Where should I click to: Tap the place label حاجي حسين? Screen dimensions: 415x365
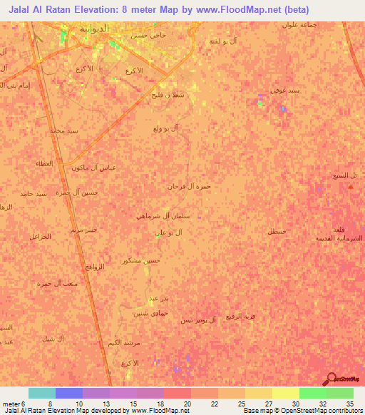(x=148, y=34)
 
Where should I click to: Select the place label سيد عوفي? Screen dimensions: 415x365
(x=277, y=91)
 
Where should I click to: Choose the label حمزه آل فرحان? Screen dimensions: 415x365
(x=189, y=186)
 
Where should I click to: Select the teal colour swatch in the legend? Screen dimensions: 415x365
(x=42, y=393)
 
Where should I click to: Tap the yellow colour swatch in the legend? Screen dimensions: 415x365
(x=286, y=393)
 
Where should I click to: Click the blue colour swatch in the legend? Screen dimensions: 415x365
(x=69, y=393)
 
